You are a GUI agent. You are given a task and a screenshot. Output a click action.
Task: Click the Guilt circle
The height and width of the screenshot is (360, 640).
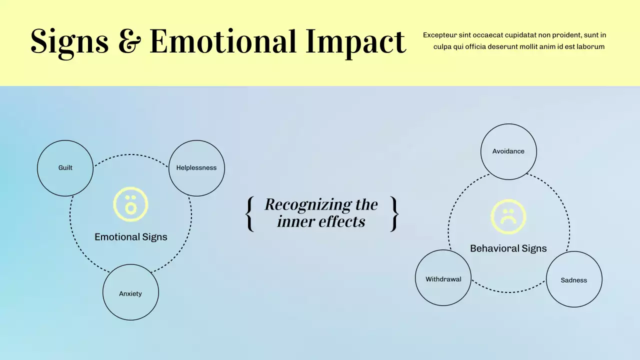[x=65, y=168]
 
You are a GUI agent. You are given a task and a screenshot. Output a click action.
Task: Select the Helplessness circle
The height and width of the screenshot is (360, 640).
[x=196, y=168]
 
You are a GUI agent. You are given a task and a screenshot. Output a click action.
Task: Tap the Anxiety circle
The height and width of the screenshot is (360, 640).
[x=130, y=292]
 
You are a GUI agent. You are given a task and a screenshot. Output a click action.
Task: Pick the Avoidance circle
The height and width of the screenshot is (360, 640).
[x=508, y=151]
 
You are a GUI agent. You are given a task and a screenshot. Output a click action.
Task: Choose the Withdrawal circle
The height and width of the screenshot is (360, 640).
[x=443, y=277]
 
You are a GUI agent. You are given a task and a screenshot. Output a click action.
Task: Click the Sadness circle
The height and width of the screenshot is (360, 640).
[x=574, y=279]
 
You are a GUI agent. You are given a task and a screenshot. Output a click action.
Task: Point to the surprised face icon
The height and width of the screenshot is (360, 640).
[x=130, y=204]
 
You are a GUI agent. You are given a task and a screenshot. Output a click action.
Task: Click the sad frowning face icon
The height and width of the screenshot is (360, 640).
[x=508, y=216]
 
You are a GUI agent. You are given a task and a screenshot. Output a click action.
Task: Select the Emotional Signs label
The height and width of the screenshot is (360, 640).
[x=131, y=237]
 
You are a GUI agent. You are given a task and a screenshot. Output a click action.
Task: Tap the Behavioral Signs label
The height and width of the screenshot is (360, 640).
[x=508, y=248]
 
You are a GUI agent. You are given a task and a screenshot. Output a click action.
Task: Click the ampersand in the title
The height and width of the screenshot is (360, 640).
[x=129, y=41]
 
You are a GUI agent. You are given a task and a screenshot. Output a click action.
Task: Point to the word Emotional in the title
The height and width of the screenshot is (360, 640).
[x=223, y=41]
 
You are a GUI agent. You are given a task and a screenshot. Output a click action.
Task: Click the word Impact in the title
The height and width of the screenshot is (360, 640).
[x=355, y=43]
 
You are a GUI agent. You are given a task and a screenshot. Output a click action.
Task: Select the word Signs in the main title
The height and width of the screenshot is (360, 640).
[x=69, y=43]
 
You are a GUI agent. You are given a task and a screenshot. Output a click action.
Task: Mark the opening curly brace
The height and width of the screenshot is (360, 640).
[x=249, y=213]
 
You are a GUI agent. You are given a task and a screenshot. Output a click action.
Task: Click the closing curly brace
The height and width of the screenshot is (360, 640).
[x=394, y=213]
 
